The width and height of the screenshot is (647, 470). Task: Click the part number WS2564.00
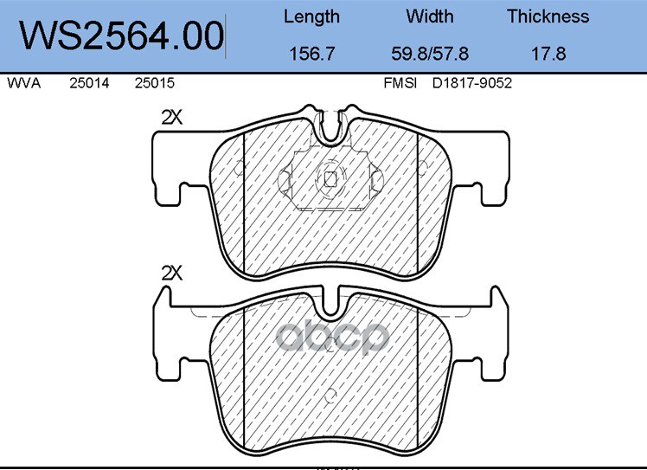tap(121, 35)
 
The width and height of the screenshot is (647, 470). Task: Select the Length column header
tap(311, 17)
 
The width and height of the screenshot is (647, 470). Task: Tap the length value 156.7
tap(311, 54)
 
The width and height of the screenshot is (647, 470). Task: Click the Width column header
tap(430, 16)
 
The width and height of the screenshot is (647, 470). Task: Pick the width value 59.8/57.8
tap(430, 54)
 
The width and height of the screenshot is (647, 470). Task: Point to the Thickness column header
tap(548, 16)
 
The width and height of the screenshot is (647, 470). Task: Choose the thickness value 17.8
tap(548, 54)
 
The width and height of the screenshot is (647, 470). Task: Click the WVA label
tap(24, 83)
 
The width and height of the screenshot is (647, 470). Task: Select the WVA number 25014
tap(89, 83)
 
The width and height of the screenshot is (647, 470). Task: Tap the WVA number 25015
tap(155, 83)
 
